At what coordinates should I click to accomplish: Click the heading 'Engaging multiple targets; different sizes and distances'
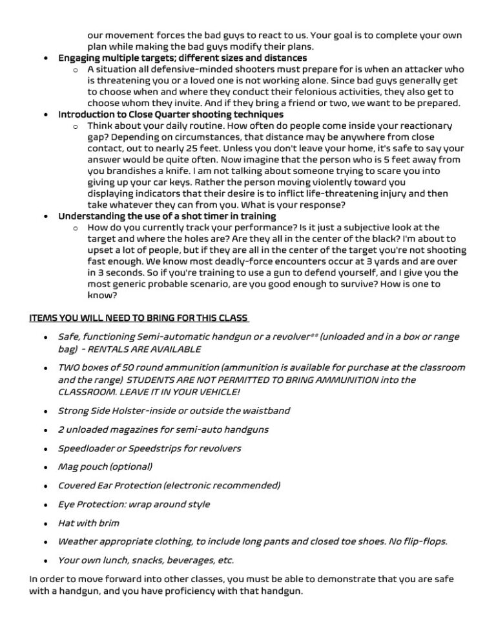[x=173, y=58]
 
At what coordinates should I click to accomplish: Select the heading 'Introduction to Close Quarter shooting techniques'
[x=170, y=114]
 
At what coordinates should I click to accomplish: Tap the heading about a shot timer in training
[x=167, y=215]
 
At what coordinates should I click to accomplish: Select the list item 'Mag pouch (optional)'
[x=105, y=466]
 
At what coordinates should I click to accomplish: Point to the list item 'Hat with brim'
[x=88, y=522]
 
